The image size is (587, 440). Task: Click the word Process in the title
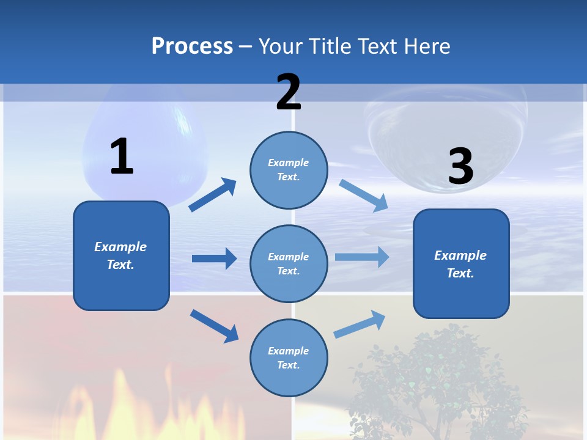coord(192,46)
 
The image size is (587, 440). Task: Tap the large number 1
coord(122,156)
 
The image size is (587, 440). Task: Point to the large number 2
coord(289,92)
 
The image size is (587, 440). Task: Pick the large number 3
coord(460,167)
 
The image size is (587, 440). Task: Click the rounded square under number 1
coord(121,255)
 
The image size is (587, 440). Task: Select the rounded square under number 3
coord(461,263)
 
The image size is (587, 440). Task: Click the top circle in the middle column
coord(289,170)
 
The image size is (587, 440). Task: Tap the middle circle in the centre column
coord(289,263)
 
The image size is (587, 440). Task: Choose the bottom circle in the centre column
coord(289,358)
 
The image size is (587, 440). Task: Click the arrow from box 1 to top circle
coord(213,195)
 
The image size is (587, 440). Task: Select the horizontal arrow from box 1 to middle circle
coord(214,258)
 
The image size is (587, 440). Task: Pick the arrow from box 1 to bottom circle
coord(214,325)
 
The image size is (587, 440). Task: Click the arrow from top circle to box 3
coord(364,196)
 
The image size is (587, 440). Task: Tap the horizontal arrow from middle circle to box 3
coord(362,257)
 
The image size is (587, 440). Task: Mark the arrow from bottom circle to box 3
coord(360,324)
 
